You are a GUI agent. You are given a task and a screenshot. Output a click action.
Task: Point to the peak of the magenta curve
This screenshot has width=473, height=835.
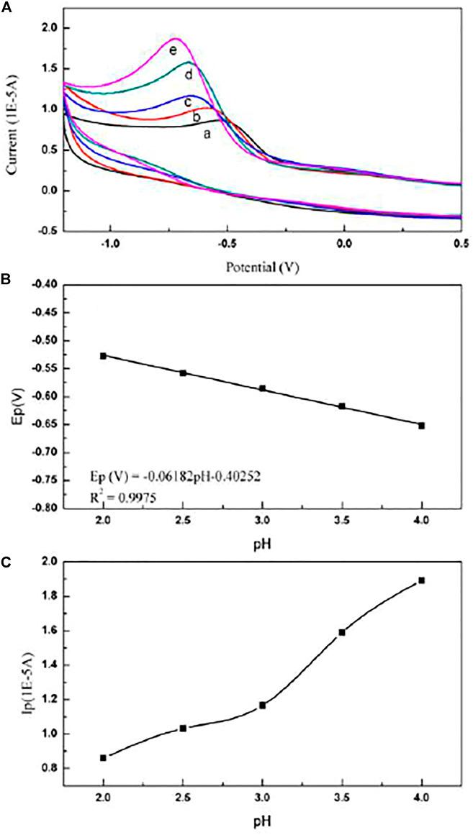pos(174,39)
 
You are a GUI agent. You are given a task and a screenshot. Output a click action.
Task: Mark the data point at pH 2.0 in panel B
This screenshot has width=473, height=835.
pos(103,355)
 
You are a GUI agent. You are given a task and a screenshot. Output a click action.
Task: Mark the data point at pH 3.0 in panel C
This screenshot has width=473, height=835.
pos(262,705)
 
